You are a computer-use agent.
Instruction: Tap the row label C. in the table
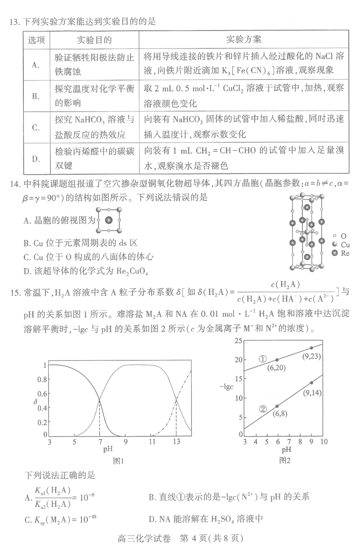pos(36,127)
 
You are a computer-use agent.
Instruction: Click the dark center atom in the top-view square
pos(108,220)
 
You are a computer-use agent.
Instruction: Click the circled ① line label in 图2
pos(263,359)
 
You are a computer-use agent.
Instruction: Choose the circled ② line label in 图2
pos(263,409)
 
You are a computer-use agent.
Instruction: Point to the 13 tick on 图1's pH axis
pos(176,443)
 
